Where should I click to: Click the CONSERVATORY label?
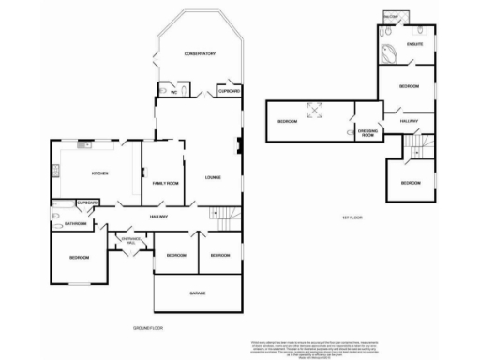200,54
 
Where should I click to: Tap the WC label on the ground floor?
172,92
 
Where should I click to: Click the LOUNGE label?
212,175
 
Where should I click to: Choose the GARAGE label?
197,292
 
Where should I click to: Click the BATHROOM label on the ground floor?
76,224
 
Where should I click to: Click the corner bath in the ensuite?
388,52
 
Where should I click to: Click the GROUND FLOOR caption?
148,328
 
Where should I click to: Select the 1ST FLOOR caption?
352,217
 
